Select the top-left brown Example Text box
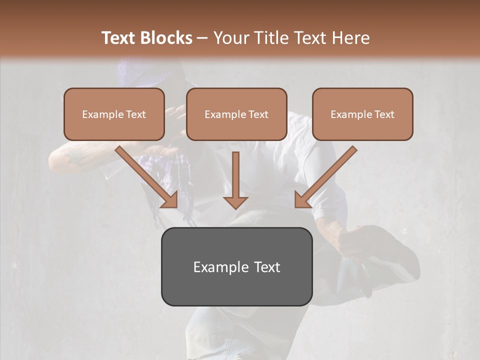tap(114, 114)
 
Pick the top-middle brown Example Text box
tap(236, 114)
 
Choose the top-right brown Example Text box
tap(362, 114)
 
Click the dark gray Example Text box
tap(236, 266)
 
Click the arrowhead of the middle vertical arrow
tap(235, 201)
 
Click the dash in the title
tap(202, 38)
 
